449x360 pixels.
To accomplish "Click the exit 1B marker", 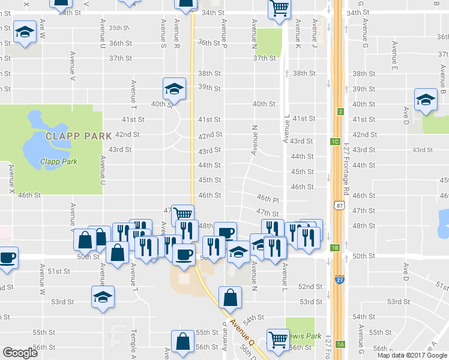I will pyautogui.click(x=336, y=247).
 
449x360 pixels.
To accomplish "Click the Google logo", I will pyautogui.click(x=20, y=353).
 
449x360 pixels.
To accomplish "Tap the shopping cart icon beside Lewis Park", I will pyautogui.click(x=278, y=340).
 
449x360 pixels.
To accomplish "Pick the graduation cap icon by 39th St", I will pyautogui.click(x=173, y=89).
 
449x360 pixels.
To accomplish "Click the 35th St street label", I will pyautogui.click(x=119, y=28).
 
